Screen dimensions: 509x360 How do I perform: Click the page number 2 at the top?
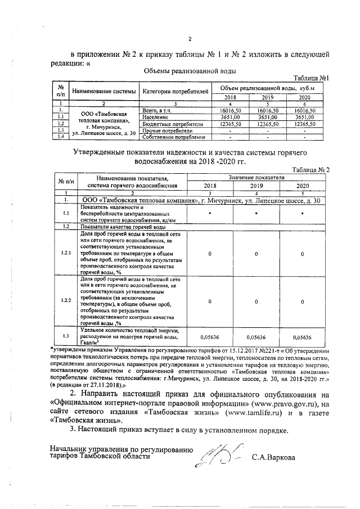coord(190,39)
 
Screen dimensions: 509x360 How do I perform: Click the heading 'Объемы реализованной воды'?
coord(190,71)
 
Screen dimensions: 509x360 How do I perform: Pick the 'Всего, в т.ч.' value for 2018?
coord(231,111)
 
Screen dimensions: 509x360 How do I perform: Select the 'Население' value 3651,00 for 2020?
coord(304,117)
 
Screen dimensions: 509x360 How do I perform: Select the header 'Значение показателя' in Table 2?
coord(256,177)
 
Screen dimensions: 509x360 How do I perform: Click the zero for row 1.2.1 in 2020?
coord(303,254)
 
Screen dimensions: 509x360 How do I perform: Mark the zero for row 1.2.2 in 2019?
coord(256,301)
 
